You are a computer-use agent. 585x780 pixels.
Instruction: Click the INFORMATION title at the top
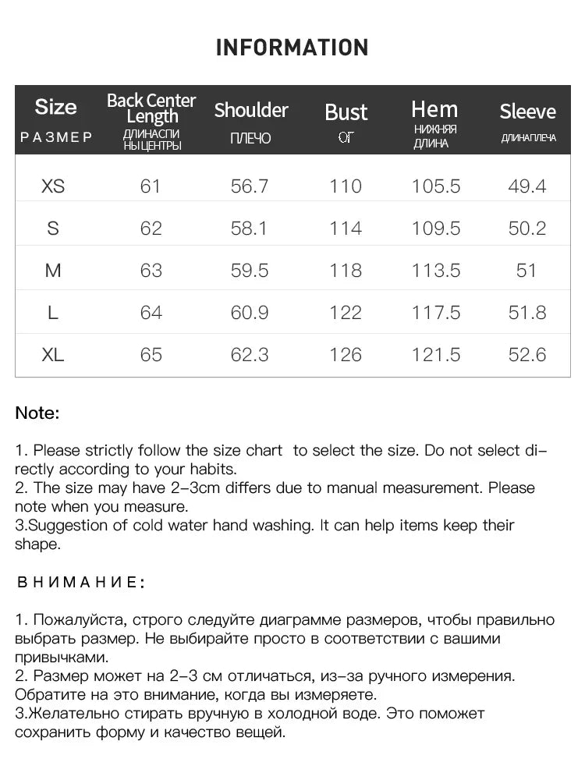point(292,48)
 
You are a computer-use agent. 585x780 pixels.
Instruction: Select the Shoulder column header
point(251,110)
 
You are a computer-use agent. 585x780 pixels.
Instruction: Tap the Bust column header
point(346,112)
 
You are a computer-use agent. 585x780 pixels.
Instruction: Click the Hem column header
point(434,109)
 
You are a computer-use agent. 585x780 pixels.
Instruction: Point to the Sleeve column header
point(528,112)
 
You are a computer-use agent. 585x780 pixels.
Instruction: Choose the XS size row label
point(53,186)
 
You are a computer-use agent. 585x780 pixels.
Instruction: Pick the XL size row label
point(53,355)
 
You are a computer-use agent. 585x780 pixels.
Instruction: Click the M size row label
point(53,271)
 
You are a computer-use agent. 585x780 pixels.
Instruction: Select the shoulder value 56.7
point(250,186)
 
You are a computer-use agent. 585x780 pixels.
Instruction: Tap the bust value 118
point(346,271)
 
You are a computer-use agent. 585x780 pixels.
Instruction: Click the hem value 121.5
point(436,355)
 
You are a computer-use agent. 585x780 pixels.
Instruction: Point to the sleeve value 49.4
point(527,186)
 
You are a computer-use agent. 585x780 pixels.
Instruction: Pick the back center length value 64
point(151,313)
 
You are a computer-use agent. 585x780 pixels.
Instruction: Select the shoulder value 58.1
point(250,229)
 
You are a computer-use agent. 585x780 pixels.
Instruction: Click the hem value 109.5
point(436,229)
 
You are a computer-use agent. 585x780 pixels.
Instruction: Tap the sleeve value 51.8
point(527,313)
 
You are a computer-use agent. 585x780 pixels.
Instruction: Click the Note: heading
point(37,413)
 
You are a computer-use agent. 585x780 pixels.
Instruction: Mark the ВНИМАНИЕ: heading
point(81,582)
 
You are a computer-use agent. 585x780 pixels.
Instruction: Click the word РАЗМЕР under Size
point(56,137)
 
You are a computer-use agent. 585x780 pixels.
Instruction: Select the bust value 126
point(346,355)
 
